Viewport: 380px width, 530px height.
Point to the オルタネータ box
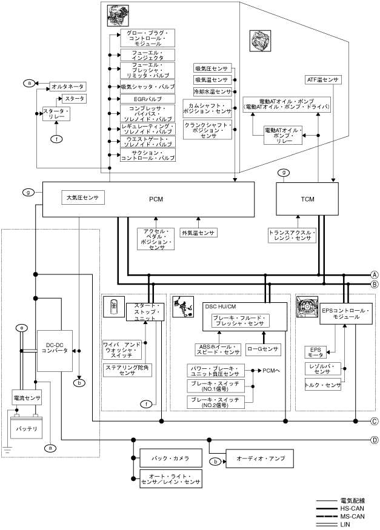(x=67, y=87)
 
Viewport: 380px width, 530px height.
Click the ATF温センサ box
(x=324, y=79)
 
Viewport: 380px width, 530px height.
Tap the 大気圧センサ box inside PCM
(x=82, y=197)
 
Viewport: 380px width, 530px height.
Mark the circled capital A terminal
(x=375, y=274)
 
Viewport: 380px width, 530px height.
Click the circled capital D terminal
(x=375, y=440)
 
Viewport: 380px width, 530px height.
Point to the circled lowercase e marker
(x=21, y=328)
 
